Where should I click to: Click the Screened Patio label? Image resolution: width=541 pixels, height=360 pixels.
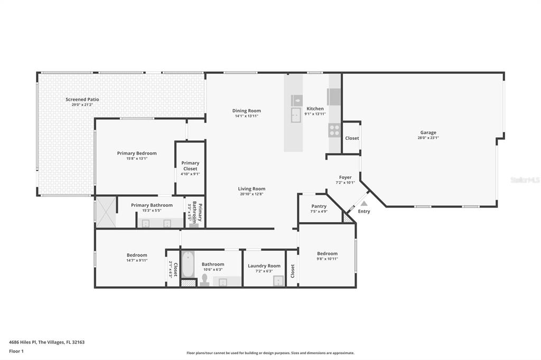pos(82,99)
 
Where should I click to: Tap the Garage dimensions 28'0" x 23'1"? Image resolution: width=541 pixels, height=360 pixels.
pos(428,138)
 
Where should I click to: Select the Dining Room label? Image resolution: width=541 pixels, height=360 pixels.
pos(247,111)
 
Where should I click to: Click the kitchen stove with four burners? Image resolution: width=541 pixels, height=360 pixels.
pos(334,130)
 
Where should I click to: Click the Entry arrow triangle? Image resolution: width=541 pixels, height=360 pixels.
pos(364,203)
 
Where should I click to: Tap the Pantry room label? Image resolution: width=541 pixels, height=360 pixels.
pos(319,206)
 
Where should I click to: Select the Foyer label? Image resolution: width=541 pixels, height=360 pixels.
pos(345,177)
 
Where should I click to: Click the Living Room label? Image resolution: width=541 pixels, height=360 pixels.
pos(251,188)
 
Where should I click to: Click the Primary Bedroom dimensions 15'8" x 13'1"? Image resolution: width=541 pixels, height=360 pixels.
pos(137,158)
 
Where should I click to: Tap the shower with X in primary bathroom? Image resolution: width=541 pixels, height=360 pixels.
pos(106,212)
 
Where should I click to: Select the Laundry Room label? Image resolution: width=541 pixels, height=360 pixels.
pos(264,266)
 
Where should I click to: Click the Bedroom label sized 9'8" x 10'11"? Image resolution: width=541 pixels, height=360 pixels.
pos(327,253)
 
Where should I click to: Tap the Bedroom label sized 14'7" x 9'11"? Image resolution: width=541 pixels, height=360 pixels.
pos(137,255)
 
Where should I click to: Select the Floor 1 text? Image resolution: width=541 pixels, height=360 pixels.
pos(16,351)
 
